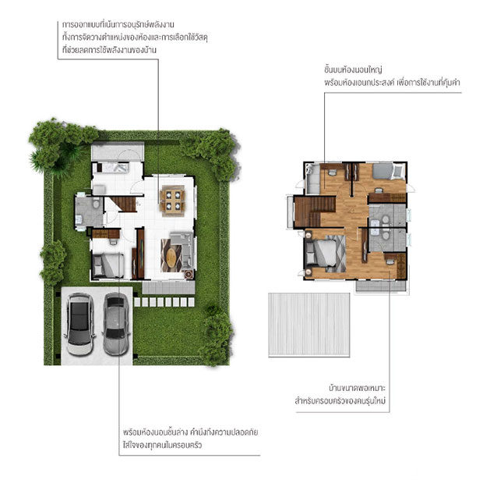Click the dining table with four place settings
(x=172, y=200)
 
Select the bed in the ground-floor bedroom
(x=108, y=266)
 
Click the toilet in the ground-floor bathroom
(x=96, y=204)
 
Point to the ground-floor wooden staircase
(x=124, y=204)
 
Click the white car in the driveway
(x=79, y=324)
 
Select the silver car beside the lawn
(x=116, y=324)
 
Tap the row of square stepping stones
(x=164, y=302)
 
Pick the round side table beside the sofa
(x=188, y=274)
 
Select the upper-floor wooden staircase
(x=315, y=212)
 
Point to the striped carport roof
(x=309, y=325)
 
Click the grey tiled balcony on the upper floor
(x=381, y=286)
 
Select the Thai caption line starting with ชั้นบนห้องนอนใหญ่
(x=353, y=69)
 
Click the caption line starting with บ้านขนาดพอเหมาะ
(x=357, y=388)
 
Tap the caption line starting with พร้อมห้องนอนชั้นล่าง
(x=190, y=432)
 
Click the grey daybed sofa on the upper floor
(x=312, y=179)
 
